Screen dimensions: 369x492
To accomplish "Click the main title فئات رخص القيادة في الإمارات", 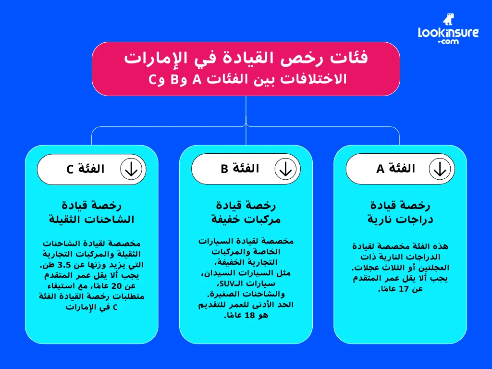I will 246,58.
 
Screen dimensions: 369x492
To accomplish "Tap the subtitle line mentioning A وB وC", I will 246,79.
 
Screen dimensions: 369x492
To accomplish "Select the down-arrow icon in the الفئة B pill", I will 286,169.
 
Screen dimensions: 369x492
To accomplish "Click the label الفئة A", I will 396,169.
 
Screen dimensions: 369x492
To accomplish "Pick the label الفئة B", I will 240,169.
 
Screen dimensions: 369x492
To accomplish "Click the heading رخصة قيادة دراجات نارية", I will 400,212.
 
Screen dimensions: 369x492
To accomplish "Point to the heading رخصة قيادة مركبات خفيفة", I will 246,212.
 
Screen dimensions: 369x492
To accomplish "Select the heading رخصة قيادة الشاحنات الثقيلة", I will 92,212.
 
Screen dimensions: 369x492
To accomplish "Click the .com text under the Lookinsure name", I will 448,42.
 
